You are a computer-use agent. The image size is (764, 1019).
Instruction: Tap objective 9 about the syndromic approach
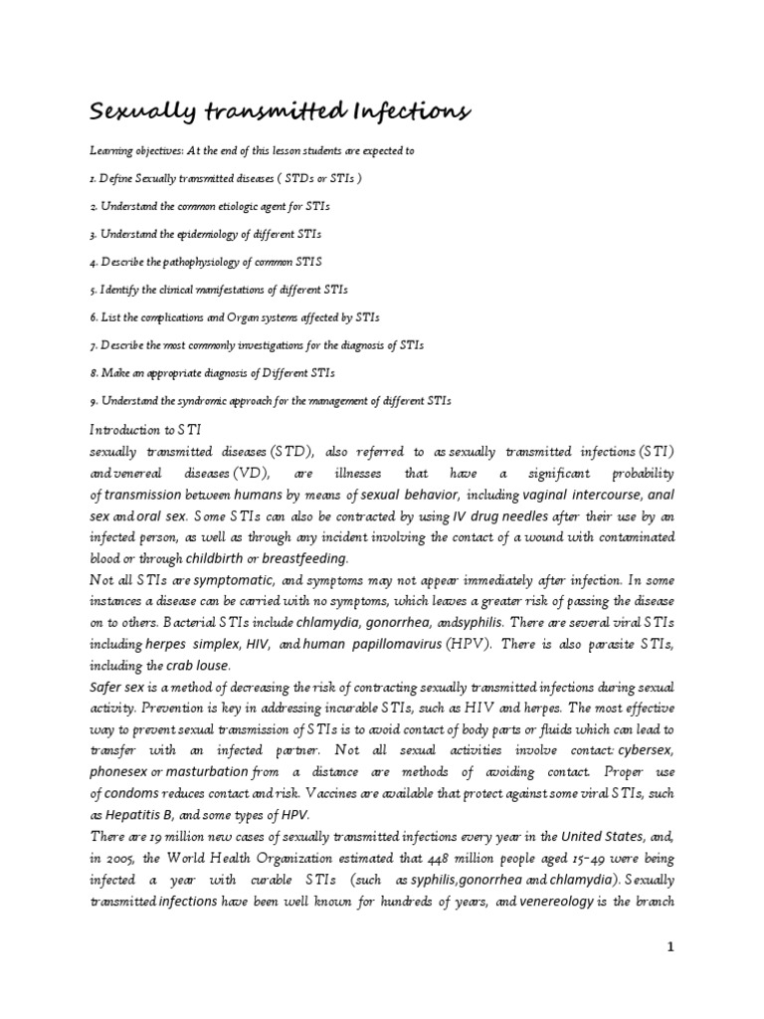click(x=269, y=401)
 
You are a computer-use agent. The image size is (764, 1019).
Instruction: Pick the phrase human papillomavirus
click(x=367, y=645)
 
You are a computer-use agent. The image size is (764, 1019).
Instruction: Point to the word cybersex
click(x=646, y=750)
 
